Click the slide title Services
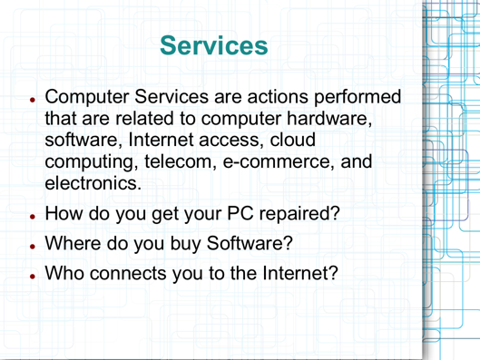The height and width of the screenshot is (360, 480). (213, 44)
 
